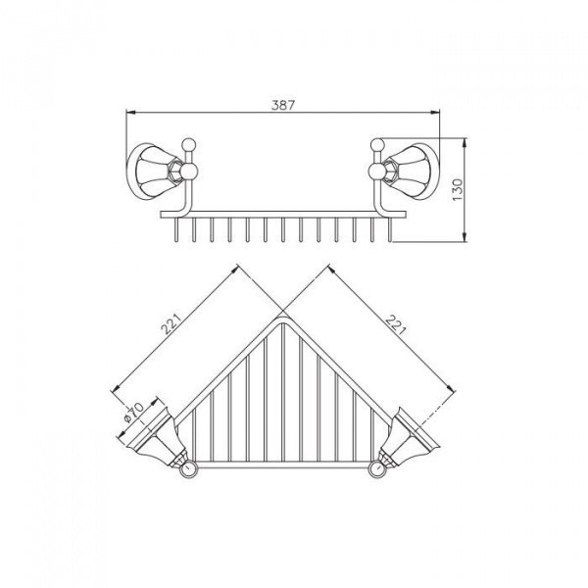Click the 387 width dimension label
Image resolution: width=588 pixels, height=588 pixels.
point(283,106)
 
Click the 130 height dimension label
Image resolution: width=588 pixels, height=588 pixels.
point(458,190)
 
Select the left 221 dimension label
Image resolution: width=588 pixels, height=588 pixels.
point(171,322)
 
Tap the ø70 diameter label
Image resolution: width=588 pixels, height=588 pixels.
point(133,413)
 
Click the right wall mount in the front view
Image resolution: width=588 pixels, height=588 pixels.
point(412,171)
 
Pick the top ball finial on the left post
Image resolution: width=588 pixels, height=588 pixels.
point(188,145)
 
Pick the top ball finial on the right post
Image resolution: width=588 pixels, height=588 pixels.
point(377,145)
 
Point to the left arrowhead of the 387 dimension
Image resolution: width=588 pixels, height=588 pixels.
point(129,112)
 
